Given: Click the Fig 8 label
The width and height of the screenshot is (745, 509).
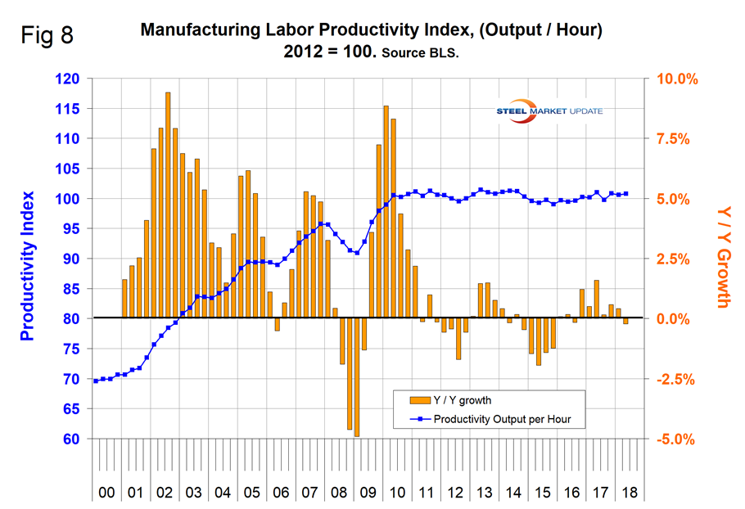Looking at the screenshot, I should tap(46, 38).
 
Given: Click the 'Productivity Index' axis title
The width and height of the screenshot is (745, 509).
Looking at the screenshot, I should tap(28, 266).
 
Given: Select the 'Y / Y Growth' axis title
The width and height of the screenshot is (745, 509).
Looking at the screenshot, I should tap(721, 257).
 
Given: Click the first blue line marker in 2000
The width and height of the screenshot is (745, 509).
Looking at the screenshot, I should tap(96, 381).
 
